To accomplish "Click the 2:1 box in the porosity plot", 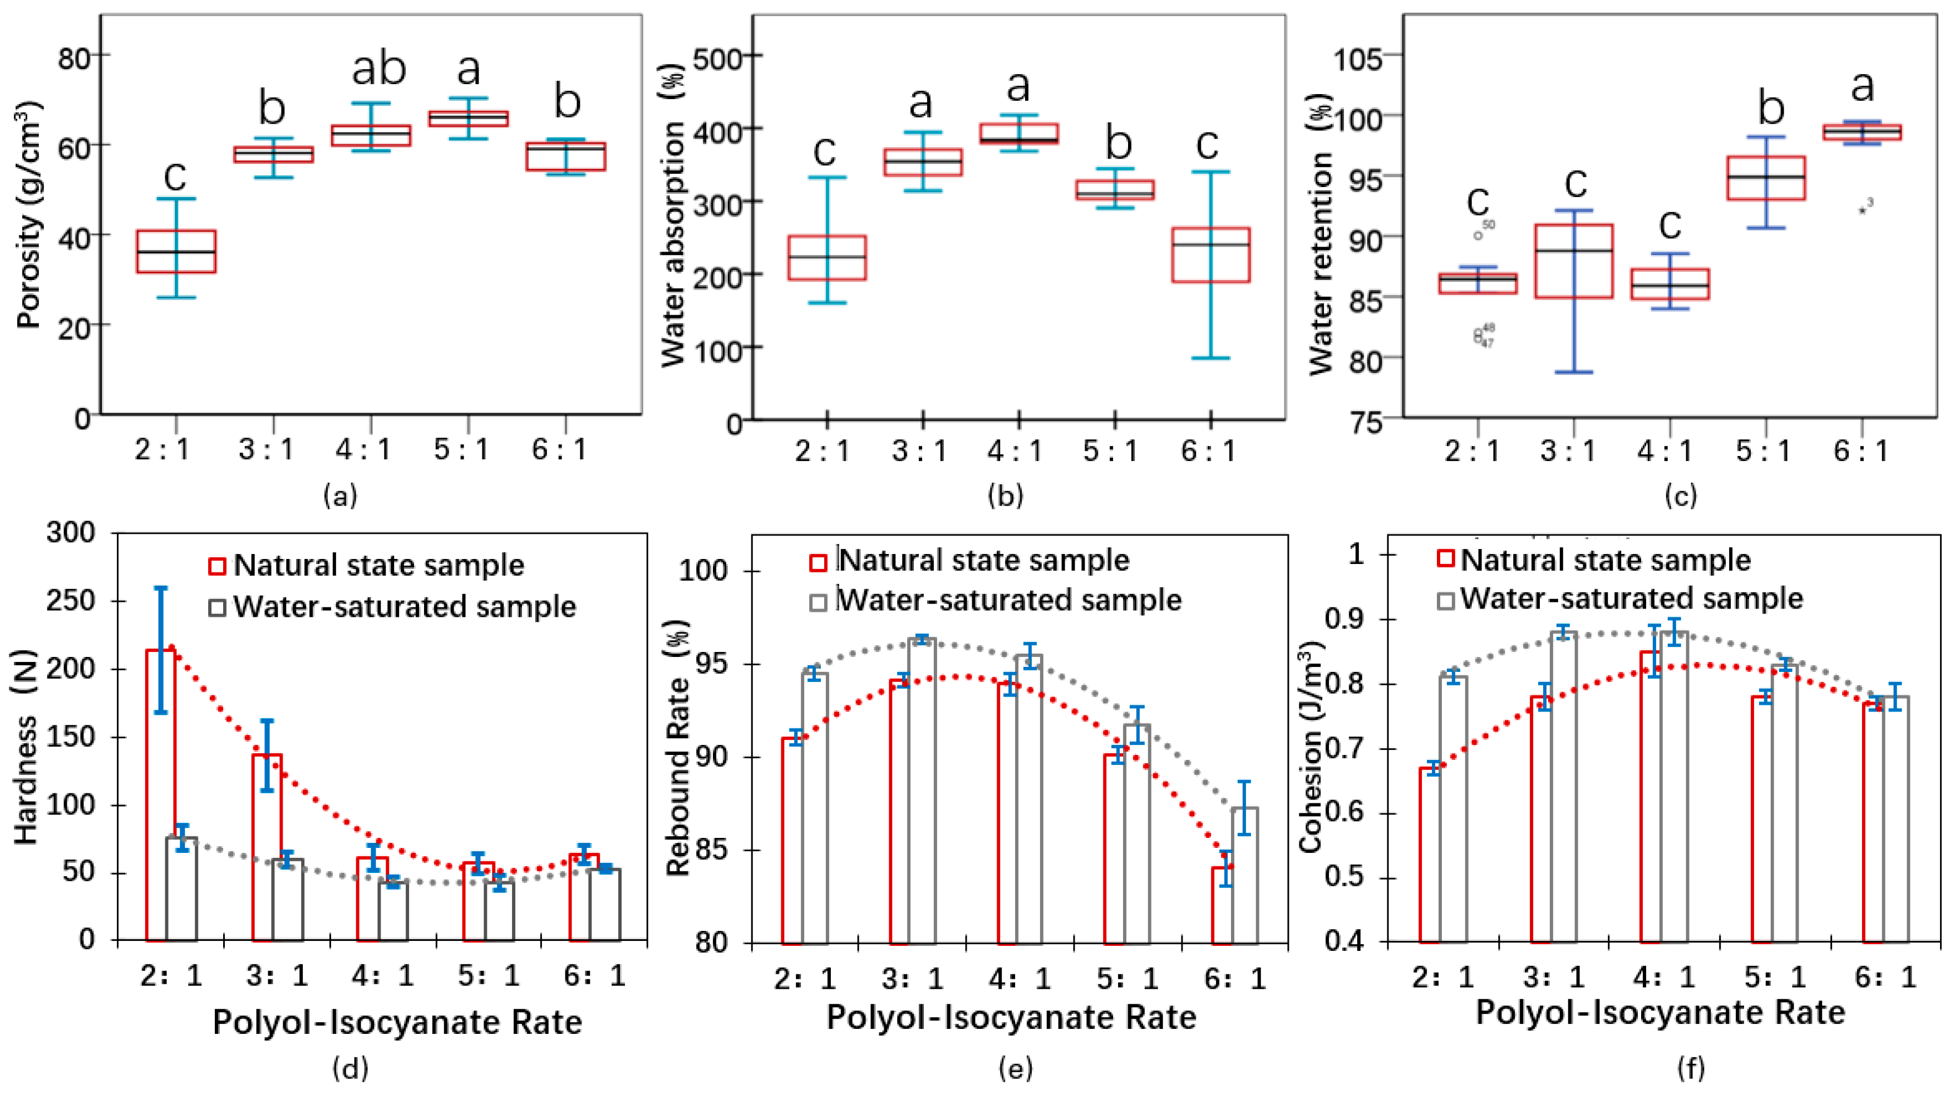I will (x=176, y=251).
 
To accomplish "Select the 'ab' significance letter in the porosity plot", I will (x=379, y=69).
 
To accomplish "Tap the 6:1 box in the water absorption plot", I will (x=1210, y=255).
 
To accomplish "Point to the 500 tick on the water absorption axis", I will (x=721, y=57).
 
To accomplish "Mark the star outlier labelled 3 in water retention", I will (x=1863, y=210).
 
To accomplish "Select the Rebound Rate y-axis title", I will (x=678, y=748).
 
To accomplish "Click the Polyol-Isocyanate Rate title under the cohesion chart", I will (x=1660, y=1013).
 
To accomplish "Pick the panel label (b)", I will (x=1005, y=496).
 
